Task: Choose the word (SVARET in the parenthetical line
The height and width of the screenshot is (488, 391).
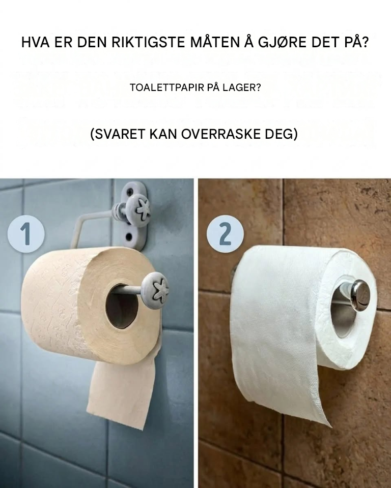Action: (x=118, y=134)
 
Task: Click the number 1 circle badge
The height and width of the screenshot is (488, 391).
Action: (x=26, y=234)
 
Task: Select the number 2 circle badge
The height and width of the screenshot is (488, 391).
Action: (x=225, y=234)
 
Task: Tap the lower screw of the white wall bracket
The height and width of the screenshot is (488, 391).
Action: (x=128, y=238)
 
